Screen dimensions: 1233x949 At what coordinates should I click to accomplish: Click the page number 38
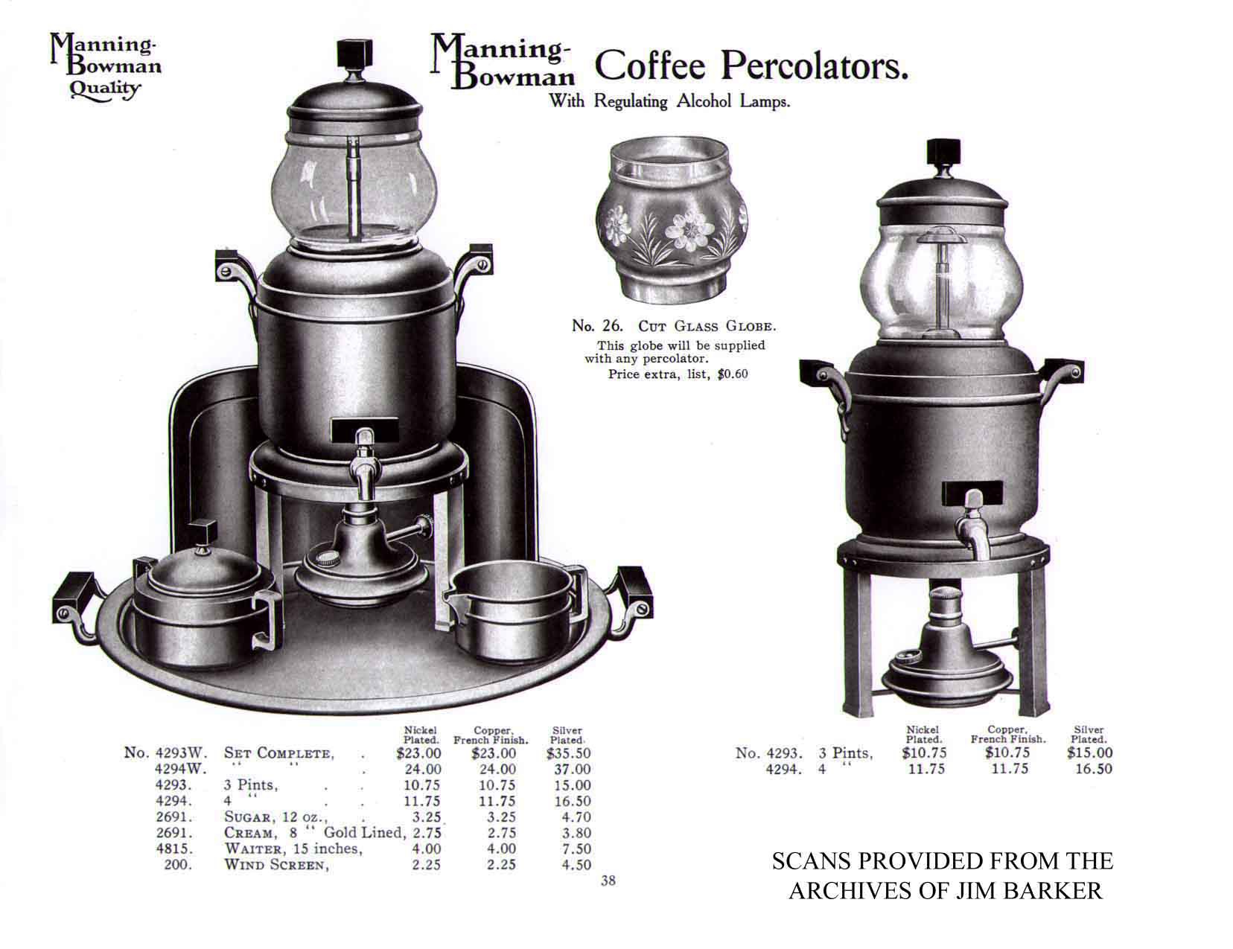pos(608,881)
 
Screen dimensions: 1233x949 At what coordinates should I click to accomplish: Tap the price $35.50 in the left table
pos(568,753)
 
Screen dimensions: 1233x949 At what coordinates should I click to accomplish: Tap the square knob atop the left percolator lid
pos(354,54)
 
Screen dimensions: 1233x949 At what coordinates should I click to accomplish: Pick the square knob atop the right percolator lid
pos(943,152)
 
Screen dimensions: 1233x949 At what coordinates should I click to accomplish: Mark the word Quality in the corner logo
pos(104,89)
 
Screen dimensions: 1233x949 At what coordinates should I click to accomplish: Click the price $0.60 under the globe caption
pos(733,374)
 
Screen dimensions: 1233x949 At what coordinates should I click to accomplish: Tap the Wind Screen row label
pos(276,865)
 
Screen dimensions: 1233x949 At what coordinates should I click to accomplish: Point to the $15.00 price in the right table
pos(1089,753)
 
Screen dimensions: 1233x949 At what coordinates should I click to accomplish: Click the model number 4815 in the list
pos(174,849)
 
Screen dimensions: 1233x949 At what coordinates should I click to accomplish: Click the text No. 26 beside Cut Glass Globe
pos(597,326)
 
